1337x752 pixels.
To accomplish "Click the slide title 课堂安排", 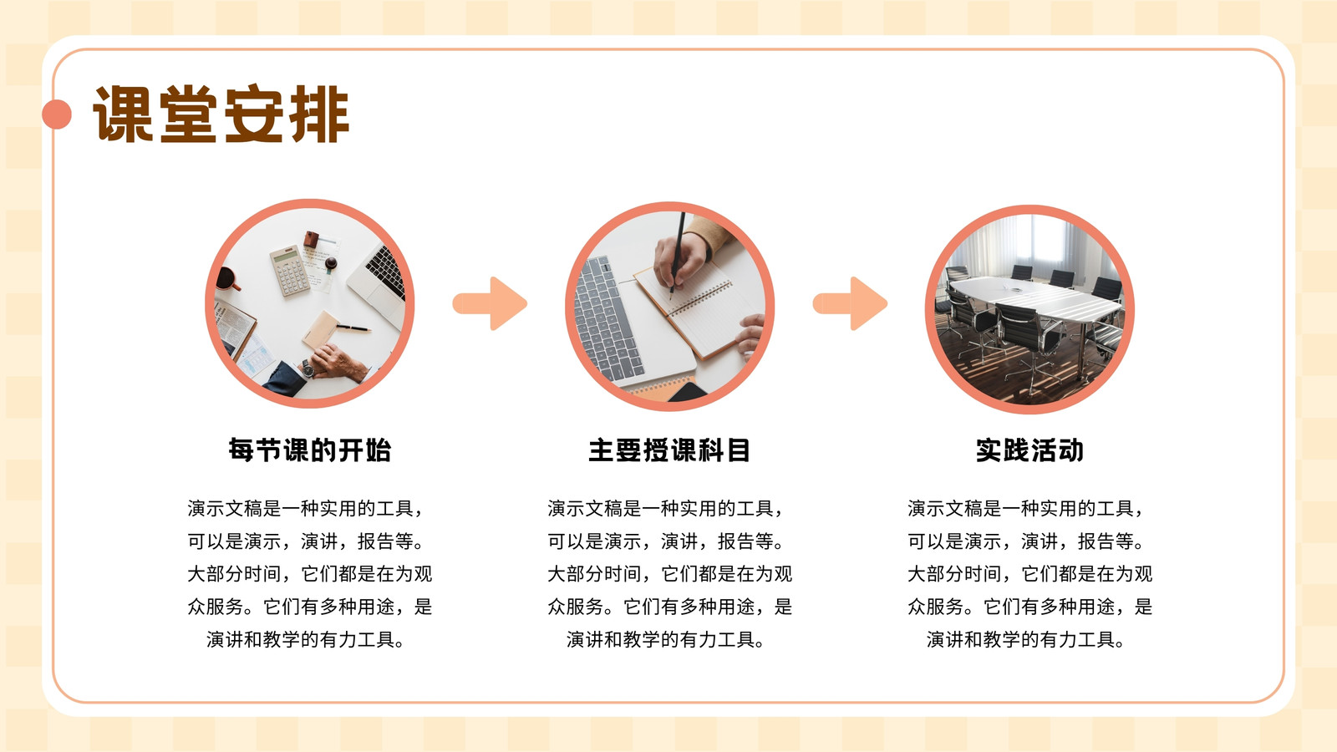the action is point(221,114).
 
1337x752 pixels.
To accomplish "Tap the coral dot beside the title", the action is point(57,114).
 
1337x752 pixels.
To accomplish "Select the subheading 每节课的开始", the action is point(310,450).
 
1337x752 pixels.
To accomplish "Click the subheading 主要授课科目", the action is point(669,450).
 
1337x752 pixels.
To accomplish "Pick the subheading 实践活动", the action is point(1029,450).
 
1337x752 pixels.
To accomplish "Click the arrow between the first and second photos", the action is point(490,303).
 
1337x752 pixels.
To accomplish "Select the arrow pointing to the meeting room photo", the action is point(850,303).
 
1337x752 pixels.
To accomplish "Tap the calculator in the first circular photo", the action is point(290,271).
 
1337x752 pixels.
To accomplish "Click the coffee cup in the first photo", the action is point(226,279).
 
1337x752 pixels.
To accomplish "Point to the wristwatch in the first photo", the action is point(308,368).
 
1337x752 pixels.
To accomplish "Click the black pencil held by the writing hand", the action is point(678,254).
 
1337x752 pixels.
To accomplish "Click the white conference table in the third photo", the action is point(1035,298).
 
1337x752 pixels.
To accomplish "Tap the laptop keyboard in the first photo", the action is point(385,272).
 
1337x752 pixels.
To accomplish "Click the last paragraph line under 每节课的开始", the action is point(306,640).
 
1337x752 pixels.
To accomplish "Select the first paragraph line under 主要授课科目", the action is point(665,509).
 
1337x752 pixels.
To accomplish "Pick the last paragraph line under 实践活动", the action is point(1026,640).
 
